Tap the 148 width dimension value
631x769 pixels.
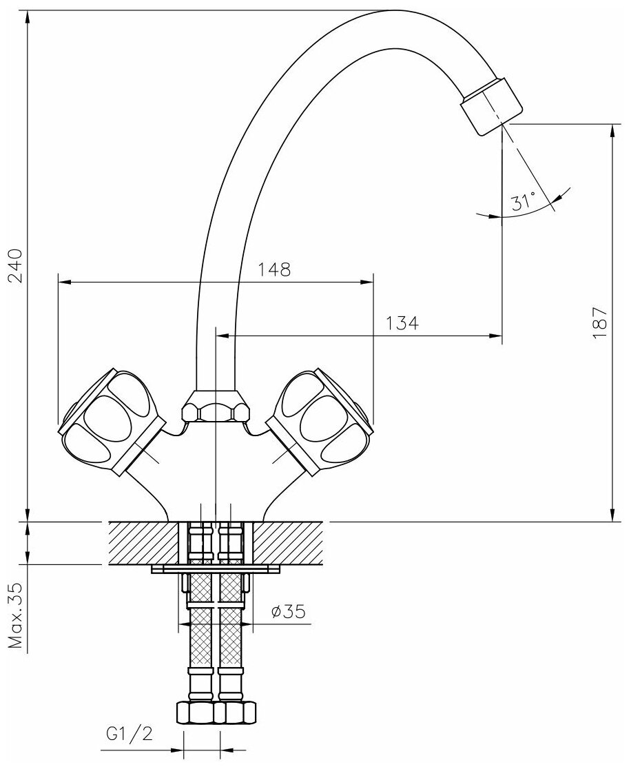[275, 269]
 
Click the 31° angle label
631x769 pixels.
[523, 203]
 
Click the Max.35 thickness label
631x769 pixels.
[15, 617]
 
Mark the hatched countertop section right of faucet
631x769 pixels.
[289, 544]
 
